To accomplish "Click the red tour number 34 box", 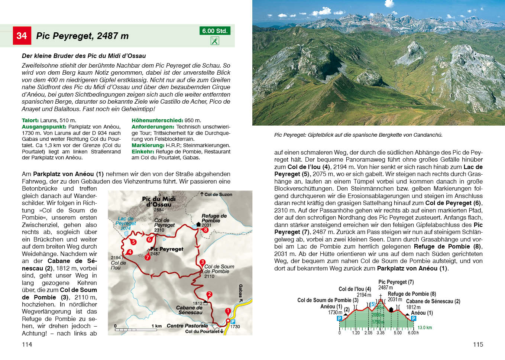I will tap(22, 36).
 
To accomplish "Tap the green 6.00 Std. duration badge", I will tap(215, 31).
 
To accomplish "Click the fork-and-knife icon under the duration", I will tap(215, 41).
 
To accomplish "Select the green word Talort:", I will tap(30, 120).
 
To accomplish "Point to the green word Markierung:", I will tap(148, 145).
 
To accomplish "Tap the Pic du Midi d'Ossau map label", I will tap(159, 202).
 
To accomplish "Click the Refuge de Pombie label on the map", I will tap(214, 218).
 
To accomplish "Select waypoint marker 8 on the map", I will tap(205, 230).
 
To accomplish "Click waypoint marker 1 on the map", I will tap(228, 311).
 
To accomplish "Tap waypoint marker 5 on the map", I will tap(133, 242).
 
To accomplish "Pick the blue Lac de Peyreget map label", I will tap(126, 221).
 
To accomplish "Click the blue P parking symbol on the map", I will tap(233, 321).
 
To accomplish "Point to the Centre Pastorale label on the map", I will tap(187, 326).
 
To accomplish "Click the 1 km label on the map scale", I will tap(156, 326).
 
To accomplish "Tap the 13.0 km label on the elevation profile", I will tap(424, 328).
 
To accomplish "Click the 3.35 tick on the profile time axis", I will tap(380, 333).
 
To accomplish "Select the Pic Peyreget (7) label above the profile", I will tap(396, 282).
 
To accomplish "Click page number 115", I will tap(478, 344).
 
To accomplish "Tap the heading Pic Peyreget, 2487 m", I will tap(82, 36).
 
